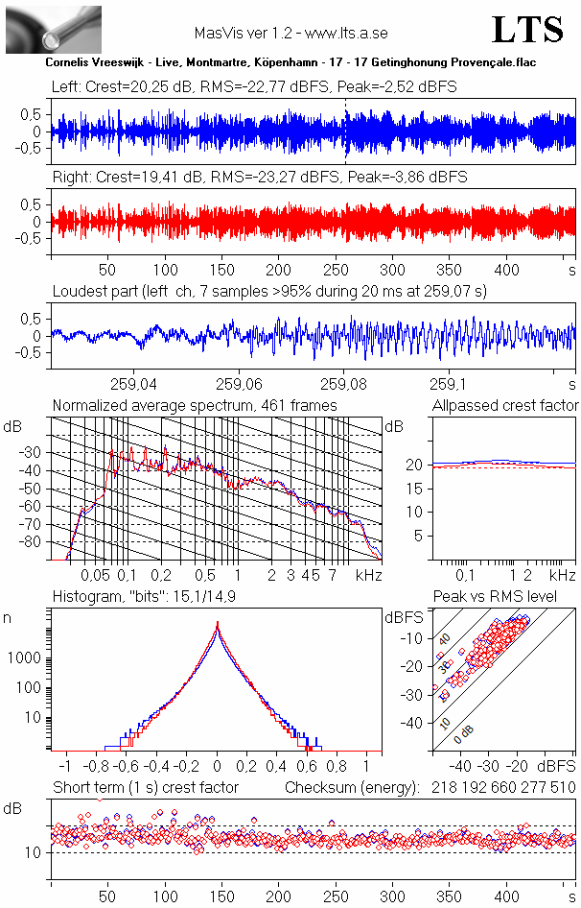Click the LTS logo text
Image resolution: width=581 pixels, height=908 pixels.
pyautogui.click(x=526, y=30)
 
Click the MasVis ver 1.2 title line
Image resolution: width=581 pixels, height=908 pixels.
pyautogui.click(x=290, y=33)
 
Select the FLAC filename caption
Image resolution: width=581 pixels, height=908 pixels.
pyautogui.click(x=290, y=61)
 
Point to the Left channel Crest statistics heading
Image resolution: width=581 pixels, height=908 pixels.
pyautogui.click(x=254, y=87)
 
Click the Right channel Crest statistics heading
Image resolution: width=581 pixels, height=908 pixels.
pyautogui.click(x=260, y=178)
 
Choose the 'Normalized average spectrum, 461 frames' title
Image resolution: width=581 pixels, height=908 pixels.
pyautogui.click(x=195, y=405)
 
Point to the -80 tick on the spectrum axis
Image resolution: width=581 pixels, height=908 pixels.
pyautogui.click(x=33, y=542)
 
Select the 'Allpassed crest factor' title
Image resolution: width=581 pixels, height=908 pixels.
pyautogui.click(x=505, y=405)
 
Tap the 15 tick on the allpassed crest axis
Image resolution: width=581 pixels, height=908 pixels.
pyautogui.click(x=417, y=489)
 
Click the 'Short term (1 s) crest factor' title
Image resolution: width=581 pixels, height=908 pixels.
pyautogui.click(x=146, y=787)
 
